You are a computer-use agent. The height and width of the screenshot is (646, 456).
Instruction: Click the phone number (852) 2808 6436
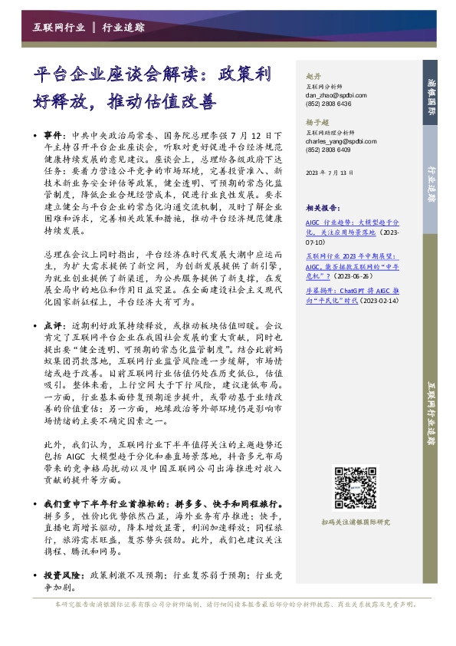pyautogui.click(x=328, y=104)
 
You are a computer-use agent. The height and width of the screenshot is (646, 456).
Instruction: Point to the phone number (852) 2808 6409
pyautogui.click(x=328, y=150)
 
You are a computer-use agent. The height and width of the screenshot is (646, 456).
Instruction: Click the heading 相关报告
pyautogui.click(x=322, y=207)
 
